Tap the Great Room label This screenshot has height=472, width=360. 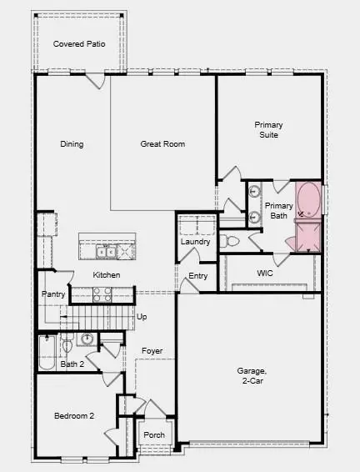pyautogui.click(x=162, y=144)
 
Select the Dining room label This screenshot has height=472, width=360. pyautogui.click(x=72, y=144)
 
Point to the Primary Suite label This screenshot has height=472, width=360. pyautogui.click(x=267, y=130)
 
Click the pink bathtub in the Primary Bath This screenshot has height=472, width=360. pyautogui.click(x=309, y=201)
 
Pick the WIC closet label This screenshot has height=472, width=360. pyautogui.click(x=265, y=273)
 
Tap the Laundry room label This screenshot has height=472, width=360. pyautogui.click(x=195, y=242)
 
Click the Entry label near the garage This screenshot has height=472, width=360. pyautogui.click(x=197, y=276)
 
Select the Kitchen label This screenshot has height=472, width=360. pyautogui.click(x=107, y=275)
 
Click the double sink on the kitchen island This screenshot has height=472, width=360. pyautogui.click(x=106, y=250)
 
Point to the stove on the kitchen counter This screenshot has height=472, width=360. pyautogui.click(x=101, y=294)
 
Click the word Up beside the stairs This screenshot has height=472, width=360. pyautogui.click(x=142, y=317)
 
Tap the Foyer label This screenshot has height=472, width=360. pyautogui.click(x=152, y=351)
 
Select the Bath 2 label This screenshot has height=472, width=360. pyautogui.click(x=72, y=364)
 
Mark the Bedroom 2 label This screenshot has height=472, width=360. pyautogui.click(x=74, y=415)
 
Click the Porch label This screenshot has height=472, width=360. pyautogui.click(x=154, y=435)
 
